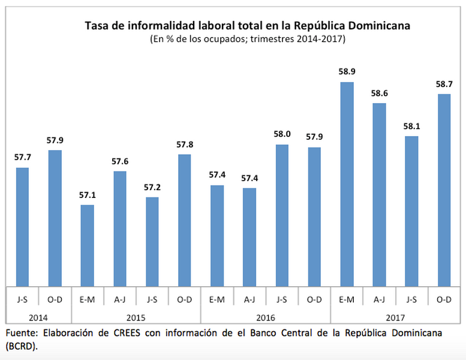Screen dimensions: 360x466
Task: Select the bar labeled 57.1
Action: (x=87, y=245)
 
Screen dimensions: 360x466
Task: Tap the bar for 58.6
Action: (x=379, y=194)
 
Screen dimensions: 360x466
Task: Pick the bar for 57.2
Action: (x=152, y=241)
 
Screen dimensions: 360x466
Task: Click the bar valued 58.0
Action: (x=282, y=215)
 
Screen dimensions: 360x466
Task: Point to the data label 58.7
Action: (x=444, y=84)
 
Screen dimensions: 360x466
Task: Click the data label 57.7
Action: (x=22, y=157)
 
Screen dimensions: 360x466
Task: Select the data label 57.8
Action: (x=184, y=145)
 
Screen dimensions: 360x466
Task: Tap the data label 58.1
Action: (x=411, y=127)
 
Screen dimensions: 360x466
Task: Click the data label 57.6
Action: (x=119, y=161)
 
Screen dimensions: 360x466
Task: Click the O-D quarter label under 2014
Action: (x=55, y=299)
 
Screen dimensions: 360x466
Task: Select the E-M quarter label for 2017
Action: (x=347, y=299)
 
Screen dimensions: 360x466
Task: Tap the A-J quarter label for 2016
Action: (x=249, y=299)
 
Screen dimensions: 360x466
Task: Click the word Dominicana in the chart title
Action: (x=381, y=26)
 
